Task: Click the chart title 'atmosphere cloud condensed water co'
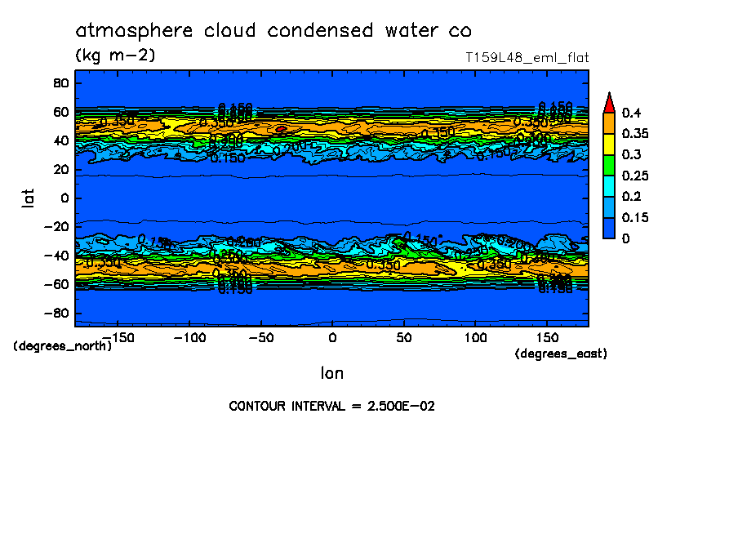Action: click(x=273, y=31)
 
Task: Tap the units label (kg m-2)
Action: click(x=114, y=56)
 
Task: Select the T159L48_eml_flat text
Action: click(x=527, y=58)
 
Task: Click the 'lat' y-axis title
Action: click(x=28, y=197)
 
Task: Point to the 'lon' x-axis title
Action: click(x=331, y=373)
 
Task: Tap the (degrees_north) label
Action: click(x=63, y=345)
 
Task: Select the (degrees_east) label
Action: click(x=561, y=354)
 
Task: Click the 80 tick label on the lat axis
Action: click(x=60, y=82)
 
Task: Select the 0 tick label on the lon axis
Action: click(x=331, y=337)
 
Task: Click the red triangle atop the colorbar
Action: click(x=608, y=102)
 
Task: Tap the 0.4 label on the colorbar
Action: click(x=631, y=113)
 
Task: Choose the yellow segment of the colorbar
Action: click(x=608, y=144)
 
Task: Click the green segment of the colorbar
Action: click(x=608, y=165)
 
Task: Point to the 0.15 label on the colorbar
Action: click(x=634, y=217)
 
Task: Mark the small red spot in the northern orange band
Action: click(x=280, y=129)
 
